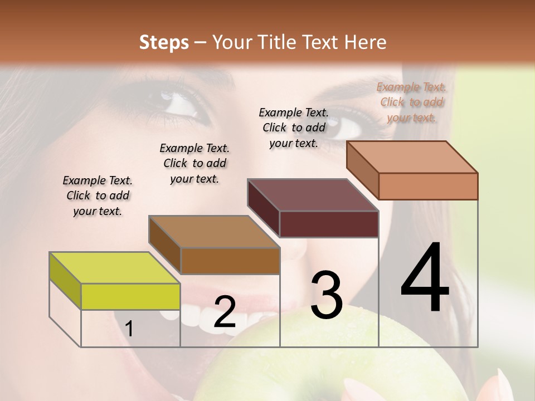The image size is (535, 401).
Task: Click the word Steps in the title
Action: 164,42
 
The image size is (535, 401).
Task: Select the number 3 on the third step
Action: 326,295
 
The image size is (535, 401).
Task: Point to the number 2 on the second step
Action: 225,312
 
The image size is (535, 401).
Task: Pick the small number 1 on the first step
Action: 129,329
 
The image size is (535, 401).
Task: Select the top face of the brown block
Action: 213,231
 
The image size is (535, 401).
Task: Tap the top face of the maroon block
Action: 313,195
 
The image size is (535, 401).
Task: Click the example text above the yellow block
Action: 98,195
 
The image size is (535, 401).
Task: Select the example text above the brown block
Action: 194,163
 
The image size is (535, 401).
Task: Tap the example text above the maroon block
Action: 294,128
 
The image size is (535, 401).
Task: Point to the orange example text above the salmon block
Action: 411,102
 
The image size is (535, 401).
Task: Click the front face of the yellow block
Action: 130,296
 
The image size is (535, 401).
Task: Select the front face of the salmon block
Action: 428,186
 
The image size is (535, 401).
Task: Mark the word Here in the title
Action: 366,42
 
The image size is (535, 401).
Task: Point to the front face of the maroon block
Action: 329,224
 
